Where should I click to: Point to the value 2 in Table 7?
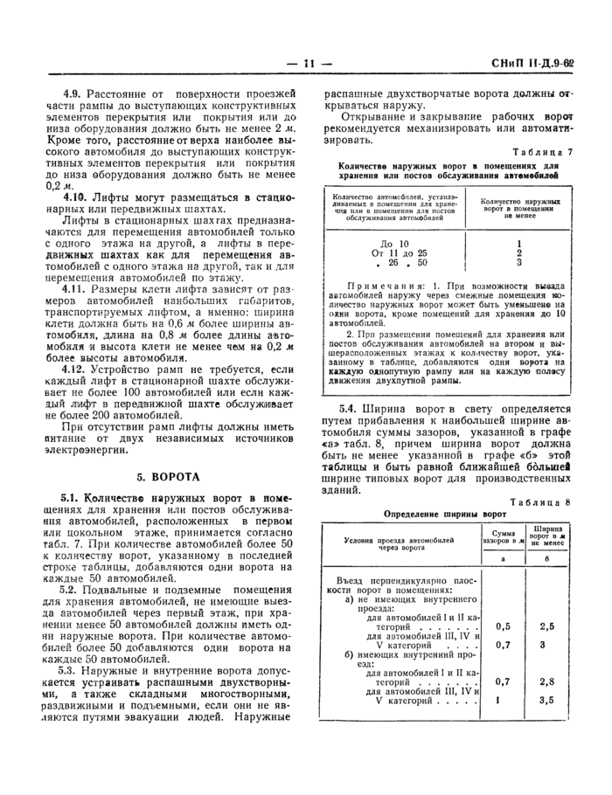(x=519, y=252)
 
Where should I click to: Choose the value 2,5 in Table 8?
(x=547, y=626)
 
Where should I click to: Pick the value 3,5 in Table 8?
(x=547, y=700)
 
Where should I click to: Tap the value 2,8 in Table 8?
(x=547, y=681)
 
